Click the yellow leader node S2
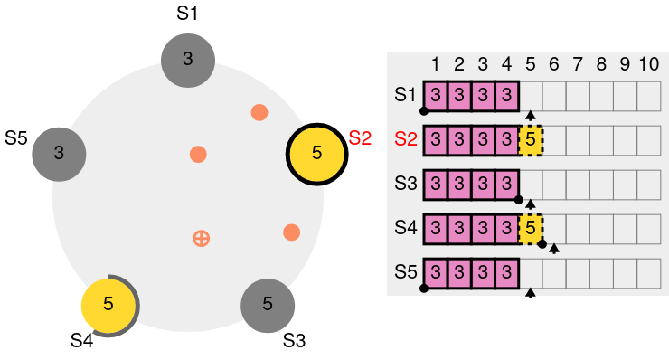point(316,154)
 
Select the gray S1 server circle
point(188,61)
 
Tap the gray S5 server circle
point(59,154)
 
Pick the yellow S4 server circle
point(108,306)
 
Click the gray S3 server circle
point(268,306)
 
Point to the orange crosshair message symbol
point(201,238)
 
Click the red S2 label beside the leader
point(360,137)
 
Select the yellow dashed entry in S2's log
point(531,140)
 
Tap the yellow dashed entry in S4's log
point(531,229)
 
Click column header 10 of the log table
point(649,64)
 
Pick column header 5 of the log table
point(531,64)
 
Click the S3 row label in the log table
point(405,184)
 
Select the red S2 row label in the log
point(405,139)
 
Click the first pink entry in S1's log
point(436,96)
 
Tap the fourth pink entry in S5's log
point(507,272)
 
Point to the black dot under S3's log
point(519,199)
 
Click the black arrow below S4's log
point(554,249)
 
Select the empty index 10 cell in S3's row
point(649,185)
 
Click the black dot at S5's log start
point(424,289)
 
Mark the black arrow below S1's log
point(531,115)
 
